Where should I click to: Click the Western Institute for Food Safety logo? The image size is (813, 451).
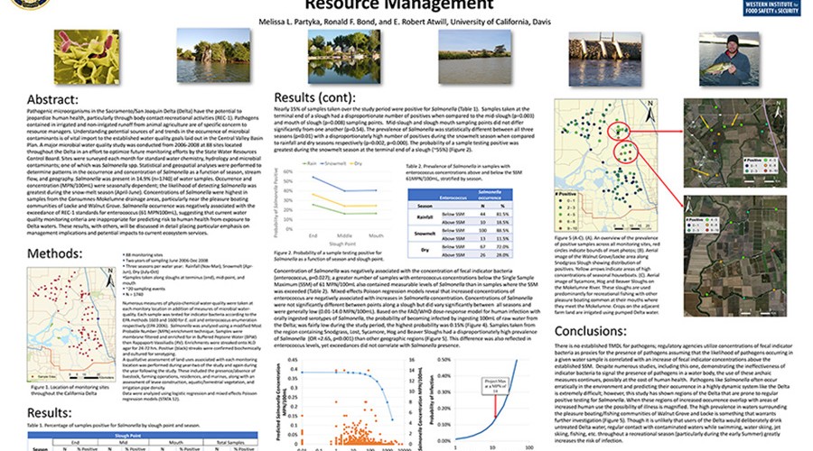coord(762,7)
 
